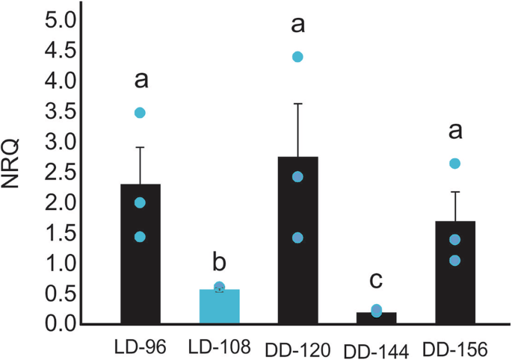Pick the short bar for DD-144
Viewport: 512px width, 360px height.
point(376,318)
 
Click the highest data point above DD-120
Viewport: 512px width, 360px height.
point(297,57)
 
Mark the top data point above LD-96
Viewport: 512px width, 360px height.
point(140,113)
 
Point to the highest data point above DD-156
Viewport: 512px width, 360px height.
point(454,164)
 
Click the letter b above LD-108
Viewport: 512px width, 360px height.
point(219,264)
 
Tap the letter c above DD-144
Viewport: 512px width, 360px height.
point(377,282)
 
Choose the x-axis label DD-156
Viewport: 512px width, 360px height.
point(454,349)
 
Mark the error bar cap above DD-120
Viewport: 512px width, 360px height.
point(297,104)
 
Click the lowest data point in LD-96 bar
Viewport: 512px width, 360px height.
point(140,237)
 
